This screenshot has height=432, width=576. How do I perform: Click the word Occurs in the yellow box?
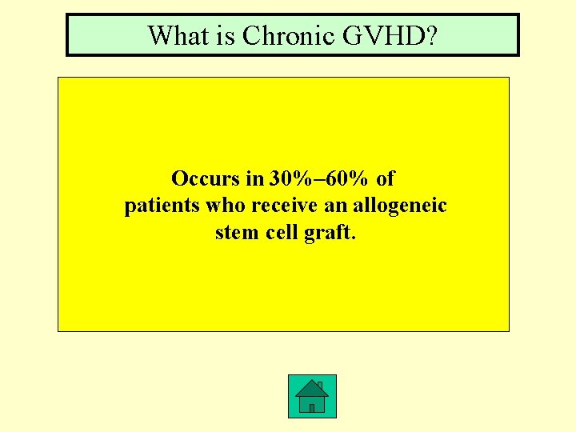pos(206,178)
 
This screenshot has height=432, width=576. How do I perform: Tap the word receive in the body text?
pos(284,206)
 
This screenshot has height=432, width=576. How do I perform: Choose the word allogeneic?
pos(400,206)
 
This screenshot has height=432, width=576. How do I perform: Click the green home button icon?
pos(312,396)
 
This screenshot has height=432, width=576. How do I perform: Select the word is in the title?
pos(226,35)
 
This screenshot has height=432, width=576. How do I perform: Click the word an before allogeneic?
pos(335,206)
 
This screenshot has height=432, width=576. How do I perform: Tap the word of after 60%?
pos(385,178)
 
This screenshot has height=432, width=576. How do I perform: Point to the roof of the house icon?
pos(311,387)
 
